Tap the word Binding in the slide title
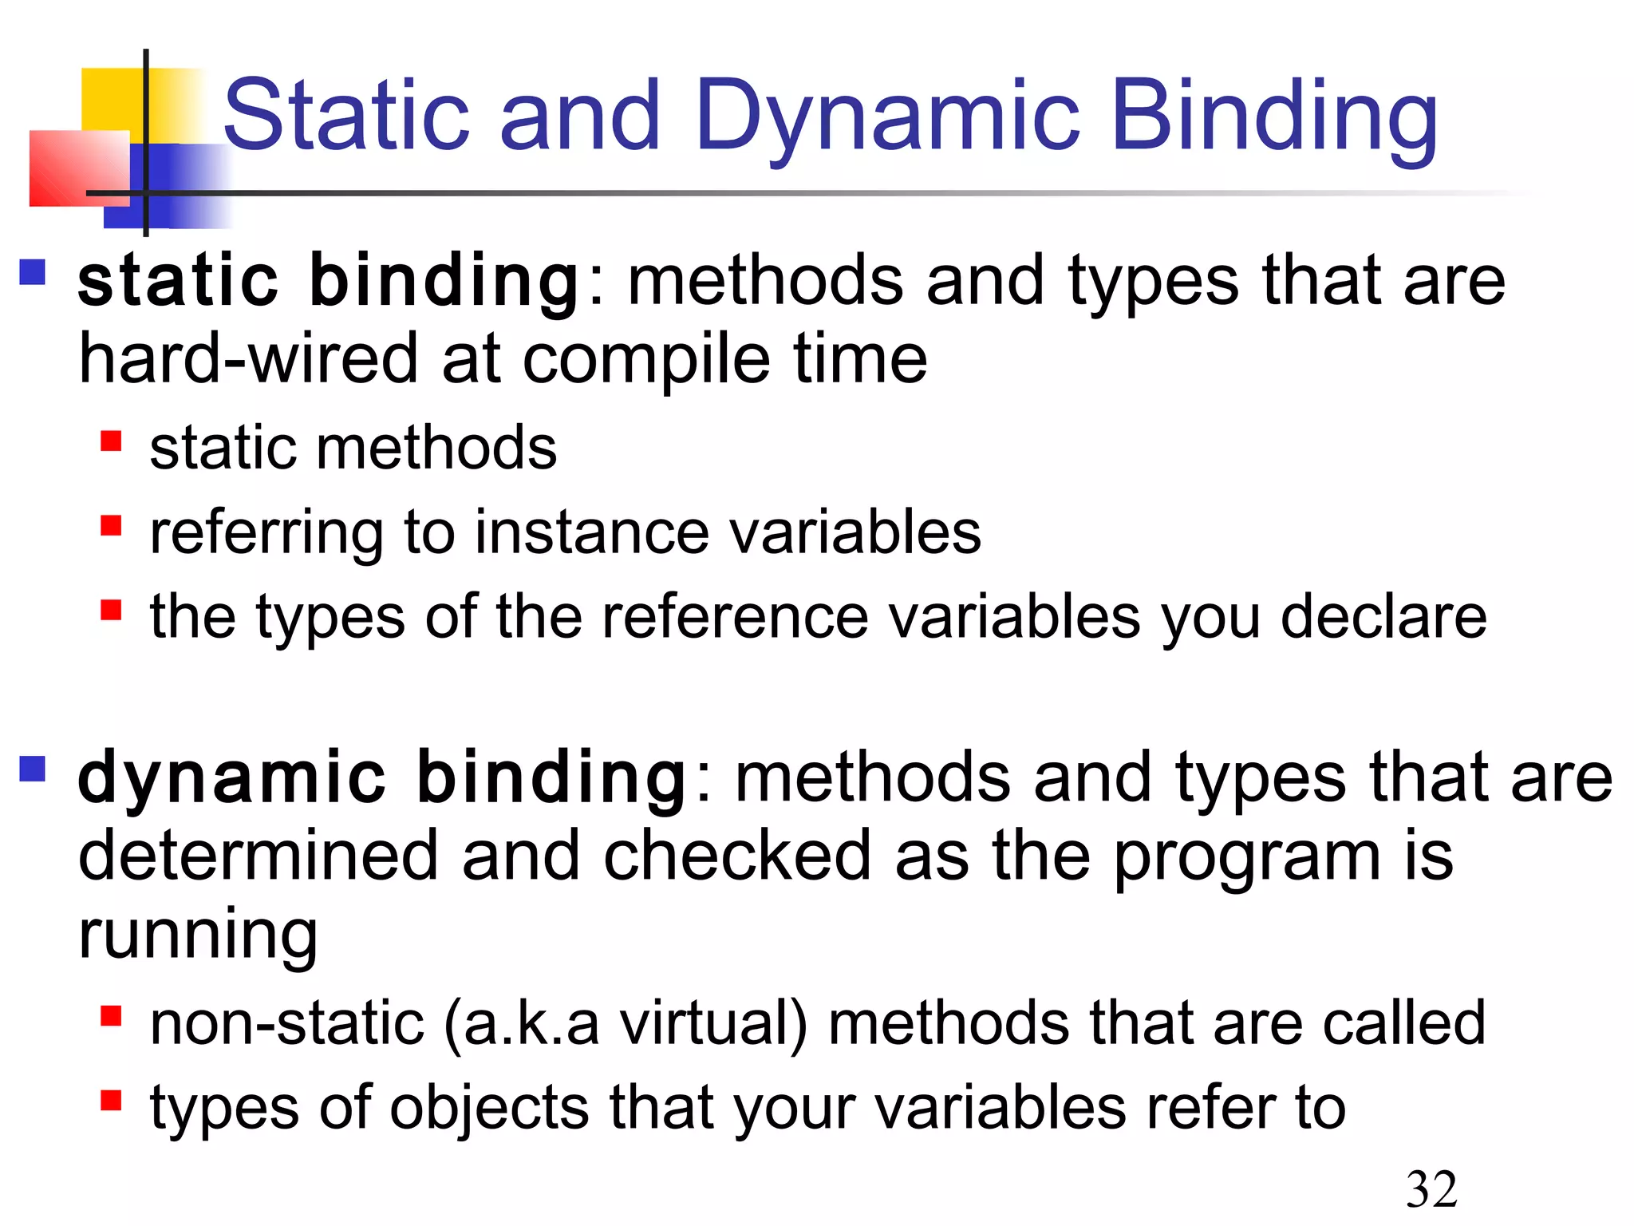pyautogui.click(x=1274, y=116)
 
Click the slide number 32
pyautogui.click(x=1431, y=1188)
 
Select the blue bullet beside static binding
pyautogui.click(x=33, y=272)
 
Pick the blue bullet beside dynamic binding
pyautogui.click(x=33, y=769)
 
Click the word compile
pyautogui.click(x=646, y=359)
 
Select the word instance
pyautogui.click(x=591, y=532)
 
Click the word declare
pyautogui.click(x=1383, y=617)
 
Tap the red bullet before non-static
pyautogui.click(x=111, y=1016)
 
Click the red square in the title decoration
pyautogui.click(x=78, y=168)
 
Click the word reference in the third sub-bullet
pyautogui.click(x=734, y=617)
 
